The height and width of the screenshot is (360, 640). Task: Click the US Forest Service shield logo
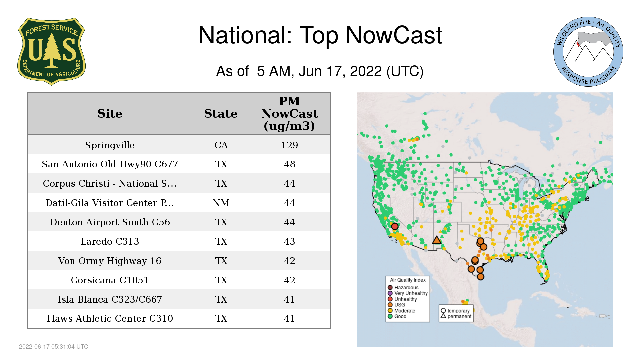pos(51,52)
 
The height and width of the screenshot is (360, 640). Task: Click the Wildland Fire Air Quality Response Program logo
pos(588,52)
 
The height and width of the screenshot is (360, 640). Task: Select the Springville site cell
pos(110,145)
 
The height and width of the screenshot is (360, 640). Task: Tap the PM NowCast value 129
pos(289,145)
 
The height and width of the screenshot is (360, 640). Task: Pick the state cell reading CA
pos(221,145)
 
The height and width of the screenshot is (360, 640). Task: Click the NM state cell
pos(221,203)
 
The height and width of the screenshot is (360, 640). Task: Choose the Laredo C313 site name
pos(110,242)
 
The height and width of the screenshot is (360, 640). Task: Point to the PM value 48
pos(289,164)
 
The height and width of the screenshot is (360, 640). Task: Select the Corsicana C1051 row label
pos(110,280)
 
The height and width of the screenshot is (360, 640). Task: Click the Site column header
pos(110,114)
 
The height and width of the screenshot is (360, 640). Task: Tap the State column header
pos(221,114)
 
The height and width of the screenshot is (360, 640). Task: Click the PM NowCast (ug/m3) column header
pos(289,114)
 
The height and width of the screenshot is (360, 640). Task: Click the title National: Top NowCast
pos(320,35)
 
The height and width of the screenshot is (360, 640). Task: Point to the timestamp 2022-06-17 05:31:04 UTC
pos(54,347)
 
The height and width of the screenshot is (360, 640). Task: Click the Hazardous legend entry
pos(403,288)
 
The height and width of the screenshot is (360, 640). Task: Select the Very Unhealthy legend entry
pos(408,293)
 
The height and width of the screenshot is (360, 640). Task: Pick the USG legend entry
pos(396,305)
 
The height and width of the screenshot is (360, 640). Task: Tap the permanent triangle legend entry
pos(456,316)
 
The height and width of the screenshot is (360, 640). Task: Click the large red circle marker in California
pos(395,226)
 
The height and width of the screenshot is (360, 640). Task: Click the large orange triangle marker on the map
pos(437,240)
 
